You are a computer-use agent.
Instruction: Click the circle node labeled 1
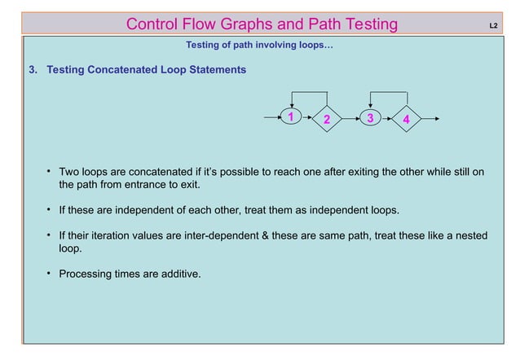point(290,117)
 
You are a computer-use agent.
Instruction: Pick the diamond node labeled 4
point(405,121)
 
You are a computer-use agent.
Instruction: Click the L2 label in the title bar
point(493,25)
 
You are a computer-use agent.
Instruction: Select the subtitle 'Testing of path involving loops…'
point(259,45)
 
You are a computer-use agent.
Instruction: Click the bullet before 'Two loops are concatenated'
point(50,172)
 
